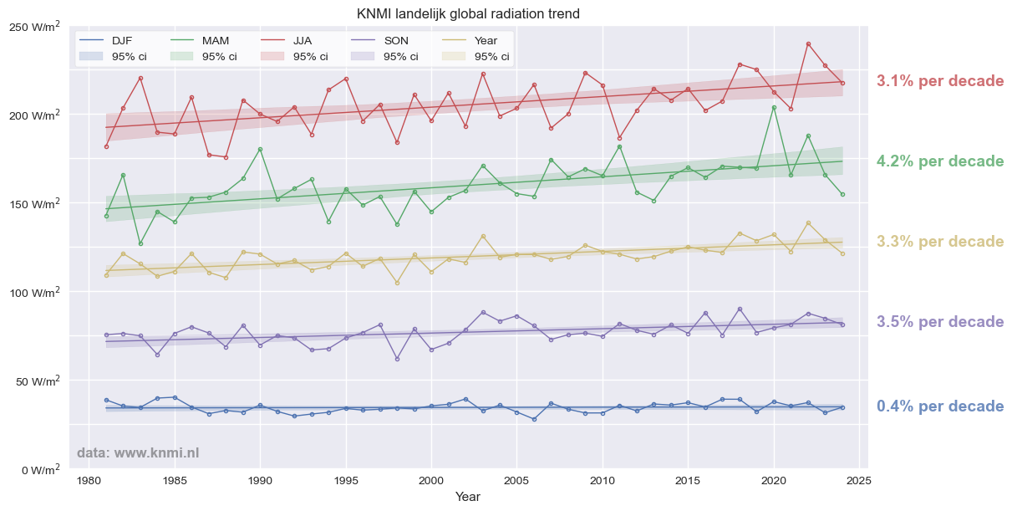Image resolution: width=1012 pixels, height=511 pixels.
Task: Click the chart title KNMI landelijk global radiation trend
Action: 468,14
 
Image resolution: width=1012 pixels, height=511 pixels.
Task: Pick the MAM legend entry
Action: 216,40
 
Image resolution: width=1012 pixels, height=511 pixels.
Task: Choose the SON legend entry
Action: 396,40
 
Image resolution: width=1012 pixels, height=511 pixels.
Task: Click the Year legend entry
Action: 486,40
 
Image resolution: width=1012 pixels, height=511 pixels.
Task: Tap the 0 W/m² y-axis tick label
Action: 40,470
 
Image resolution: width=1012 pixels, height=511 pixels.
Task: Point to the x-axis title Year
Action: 467,497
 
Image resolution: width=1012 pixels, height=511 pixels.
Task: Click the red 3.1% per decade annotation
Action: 940,81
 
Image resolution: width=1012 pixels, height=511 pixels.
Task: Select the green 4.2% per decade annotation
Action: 940,161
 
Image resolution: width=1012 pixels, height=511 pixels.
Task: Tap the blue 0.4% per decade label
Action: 940,406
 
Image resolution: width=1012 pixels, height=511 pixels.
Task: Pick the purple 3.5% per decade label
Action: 940,322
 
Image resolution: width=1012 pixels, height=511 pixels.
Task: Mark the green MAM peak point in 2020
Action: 774,107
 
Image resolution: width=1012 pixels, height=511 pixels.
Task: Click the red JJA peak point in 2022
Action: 808,43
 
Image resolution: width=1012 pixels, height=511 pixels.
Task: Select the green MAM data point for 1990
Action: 260,149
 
